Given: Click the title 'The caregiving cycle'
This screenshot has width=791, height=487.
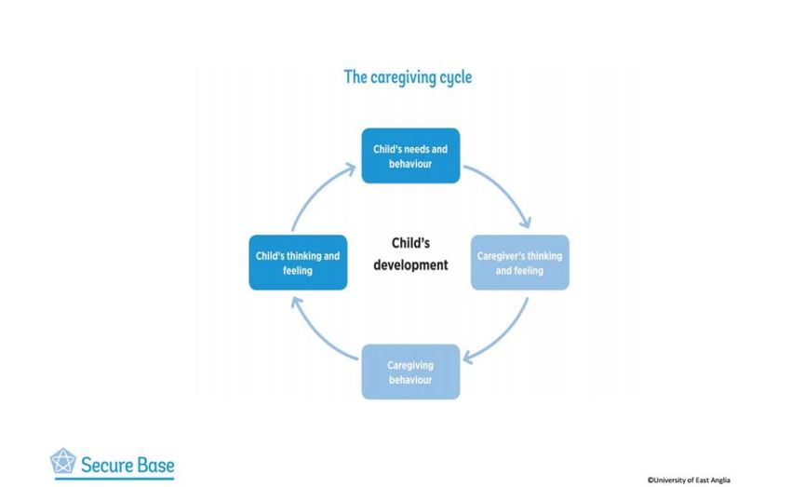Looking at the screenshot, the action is point(408,77).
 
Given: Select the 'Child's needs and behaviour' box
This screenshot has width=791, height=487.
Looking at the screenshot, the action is point(410,156).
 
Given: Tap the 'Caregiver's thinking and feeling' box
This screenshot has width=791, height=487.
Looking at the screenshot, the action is point(520,263).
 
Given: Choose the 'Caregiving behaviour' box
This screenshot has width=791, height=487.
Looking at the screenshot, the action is point(410,372).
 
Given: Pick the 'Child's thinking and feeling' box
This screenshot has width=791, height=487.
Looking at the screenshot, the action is point(298,263).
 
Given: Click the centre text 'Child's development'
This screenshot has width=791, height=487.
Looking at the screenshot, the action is point(410,254).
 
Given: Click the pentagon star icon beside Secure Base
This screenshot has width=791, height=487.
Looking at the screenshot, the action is point(63,461).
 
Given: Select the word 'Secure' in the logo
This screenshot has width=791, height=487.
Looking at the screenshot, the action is point(105,465).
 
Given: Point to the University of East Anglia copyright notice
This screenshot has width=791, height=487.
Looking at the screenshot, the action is point(689,480).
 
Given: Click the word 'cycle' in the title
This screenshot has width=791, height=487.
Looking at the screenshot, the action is point(456,78).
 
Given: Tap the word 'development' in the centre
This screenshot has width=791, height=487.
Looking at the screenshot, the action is point(410,265).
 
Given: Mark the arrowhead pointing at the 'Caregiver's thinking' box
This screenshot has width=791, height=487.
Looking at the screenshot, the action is point(526,223).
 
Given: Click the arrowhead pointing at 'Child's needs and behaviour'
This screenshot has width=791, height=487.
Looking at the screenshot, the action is point(350,168).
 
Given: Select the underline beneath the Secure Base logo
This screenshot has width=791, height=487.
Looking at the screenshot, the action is point(114,479).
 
